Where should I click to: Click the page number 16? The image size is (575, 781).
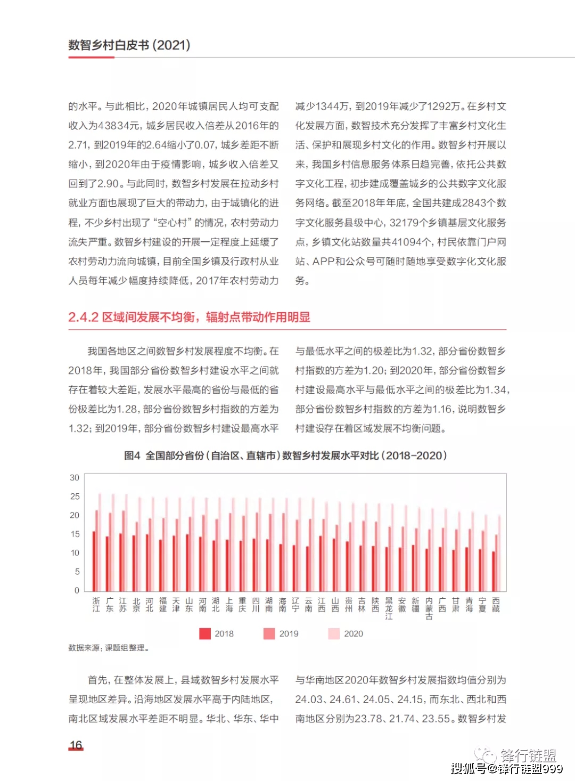tap(76, 745)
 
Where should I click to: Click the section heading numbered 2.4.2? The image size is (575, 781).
tap(189, 318)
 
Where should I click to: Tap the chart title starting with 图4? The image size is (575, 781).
tap(285, 455)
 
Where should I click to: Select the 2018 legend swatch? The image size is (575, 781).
tap(205, 633)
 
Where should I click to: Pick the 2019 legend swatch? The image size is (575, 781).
tap(269, 633)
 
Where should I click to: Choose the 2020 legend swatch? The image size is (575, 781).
tap(334, 633)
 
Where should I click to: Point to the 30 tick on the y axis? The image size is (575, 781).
tap(75, 478)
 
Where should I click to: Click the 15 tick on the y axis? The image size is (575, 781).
tap(75, 534)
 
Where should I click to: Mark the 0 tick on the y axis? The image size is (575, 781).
tap(77, 590)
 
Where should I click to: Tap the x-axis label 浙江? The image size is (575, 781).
tap(96, 605)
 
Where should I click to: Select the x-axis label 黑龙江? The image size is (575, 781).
tap(389, 608)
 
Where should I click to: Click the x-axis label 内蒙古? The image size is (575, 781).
tap(429, 608)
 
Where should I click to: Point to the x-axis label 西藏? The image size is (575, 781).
tap(496, 605)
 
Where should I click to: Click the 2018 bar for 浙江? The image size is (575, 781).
tap(94, 561)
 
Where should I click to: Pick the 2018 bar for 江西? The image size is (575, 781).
tap(321, 563)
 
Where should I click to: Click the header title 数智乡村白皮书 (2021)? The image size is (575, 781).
tap(129, 45)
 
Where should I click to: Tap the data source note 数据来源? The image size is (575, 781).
tap(109, 648)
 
